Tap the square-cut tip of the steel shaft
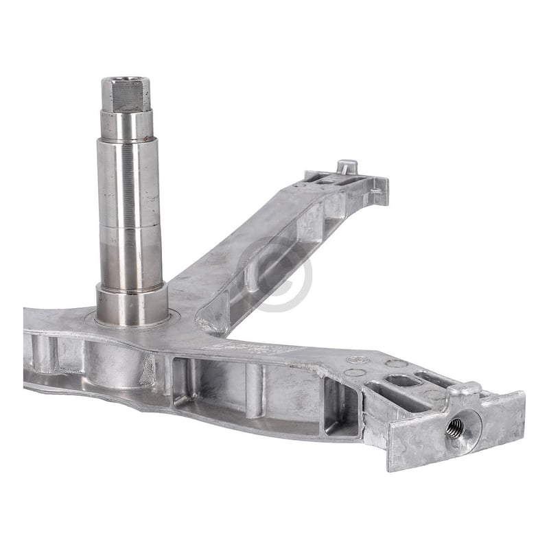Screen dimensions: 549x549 (126, 94)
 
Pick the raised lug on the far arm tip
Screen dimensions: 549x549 (347, 166)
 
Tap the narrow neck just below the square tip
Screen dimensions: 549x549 (127, 124)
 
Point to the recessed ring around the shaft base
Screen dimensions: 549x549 (172, 317)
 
